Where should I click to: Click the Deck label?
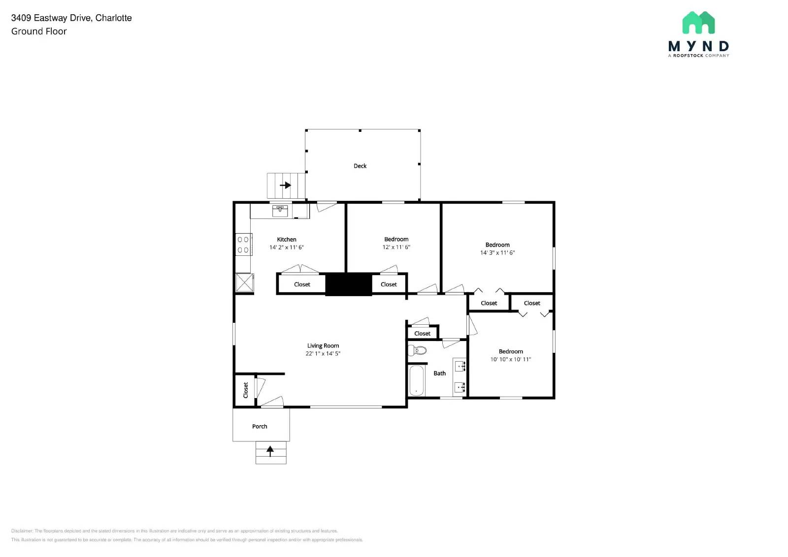360,166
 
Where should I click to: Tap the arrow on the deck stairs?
286,186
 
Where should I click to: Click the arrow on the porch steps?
270,450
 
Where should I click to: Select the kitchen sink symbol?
280,211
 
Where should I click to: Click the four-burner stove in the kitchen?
243,245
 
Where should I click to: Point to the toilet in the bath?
418,350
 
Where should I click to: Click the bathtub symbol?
417,380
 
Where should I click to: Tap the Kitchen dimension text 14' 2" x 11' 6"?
287,248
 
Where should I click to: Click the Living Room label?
323,345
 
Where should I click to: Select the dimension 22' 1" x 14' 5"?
323,354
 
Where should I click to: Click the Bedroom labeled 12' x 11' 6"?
396,239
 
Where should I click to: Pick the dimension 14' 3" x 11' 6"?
497,253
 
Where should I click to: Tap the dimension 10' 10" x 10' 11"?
511,360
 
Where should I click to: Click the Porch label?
260,427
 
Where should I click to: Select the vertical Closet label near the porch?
245,390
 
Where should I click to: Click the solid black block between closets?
349,284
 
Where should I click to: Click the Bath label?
440,373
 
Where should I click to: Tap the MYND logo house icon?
698,23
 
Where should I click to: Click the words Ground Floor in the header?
39,31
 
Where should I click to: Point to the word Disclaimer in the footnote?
22,531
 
